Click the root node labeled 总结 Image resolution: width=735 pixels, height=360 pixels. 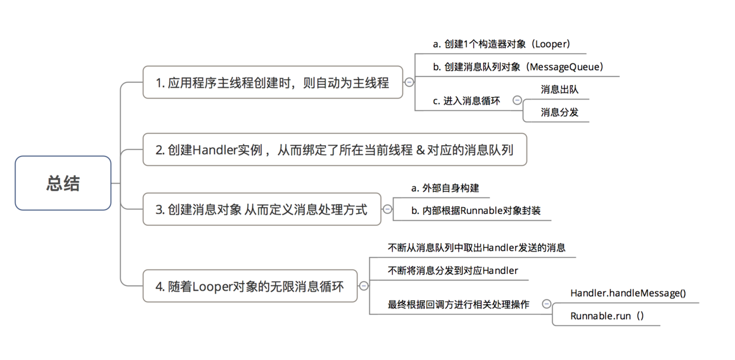(x=63, y=183)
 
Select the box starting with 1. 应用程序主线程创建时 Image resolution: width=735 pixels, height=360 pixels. (x=273, y=82)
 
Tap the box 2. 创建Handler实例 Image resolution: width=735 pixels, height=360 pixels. (x=334, y=149)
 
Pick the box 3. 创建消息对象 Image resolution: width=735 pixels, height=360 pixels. (x=261, y=209)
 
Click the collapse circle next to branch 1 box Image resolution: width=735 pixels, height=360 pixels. (x=409, y=82)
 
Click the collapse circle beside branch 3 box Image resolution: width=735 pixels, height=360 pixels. (x=387, y=209)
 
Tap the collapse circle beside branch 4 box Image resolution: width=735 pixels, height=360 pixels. (x=364, y=286)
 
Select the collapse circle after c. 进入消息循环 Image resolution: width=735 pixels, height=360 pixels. (x=517, y=101)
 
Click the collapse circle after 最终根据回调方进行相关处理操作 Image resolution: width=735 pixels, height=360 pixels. (x=547, y=304)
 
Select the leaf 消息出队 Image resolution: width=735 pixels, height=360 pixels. (x=559, y=90)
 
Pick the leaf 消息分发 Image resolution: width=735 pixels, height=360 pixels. (x=559, y=111)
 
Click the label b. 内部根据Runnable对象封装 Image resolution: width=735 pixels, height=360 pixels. (x=475, y=211)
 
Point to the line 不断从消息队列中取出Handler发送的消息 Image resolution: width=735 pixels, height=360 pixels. (x=477, y=248)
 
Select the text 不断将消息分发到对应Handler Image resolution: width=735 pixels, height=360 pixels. (x=453, y=270)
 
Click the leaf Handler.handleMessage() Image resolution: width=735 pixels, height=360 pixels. (x=628, y=293)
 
